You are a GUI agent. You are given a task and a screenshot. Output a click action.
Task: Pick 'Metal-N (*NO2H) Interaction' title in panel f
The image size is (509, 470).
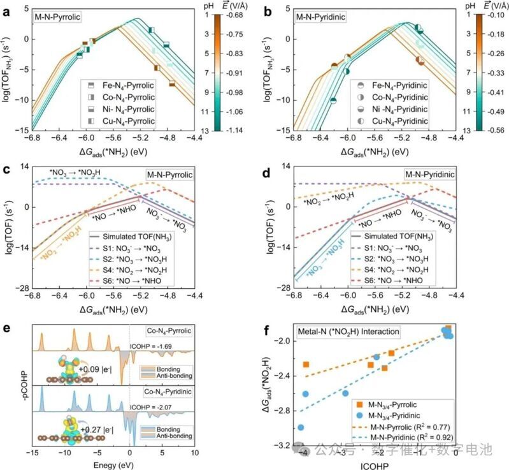(x=352, y=332)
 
